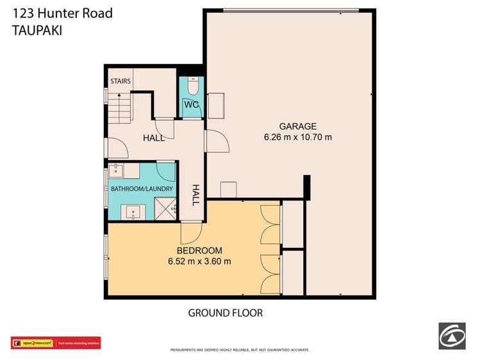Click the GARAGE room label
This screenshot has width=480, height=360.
point(297,126)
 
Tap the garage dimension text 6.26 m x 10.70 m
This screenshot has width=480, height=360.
point(297,136)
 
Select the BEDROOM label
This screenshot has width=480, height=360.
point(199,250)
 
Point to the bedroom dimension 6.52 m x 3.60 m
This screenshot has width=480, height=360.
point(199,261)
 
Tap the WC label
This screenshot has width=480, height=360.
point(192,104)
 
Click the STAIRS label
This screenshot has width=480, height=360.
point(120,81)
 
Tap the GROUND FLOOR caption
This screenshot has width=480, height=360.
point(225,313)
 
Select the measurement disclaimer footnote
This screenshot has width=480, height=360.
point(240,350)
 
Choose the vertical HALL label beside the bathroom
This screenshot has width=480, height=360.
point(196,193)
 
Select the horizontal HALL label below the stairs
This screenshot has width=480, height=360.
point(153,138)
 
